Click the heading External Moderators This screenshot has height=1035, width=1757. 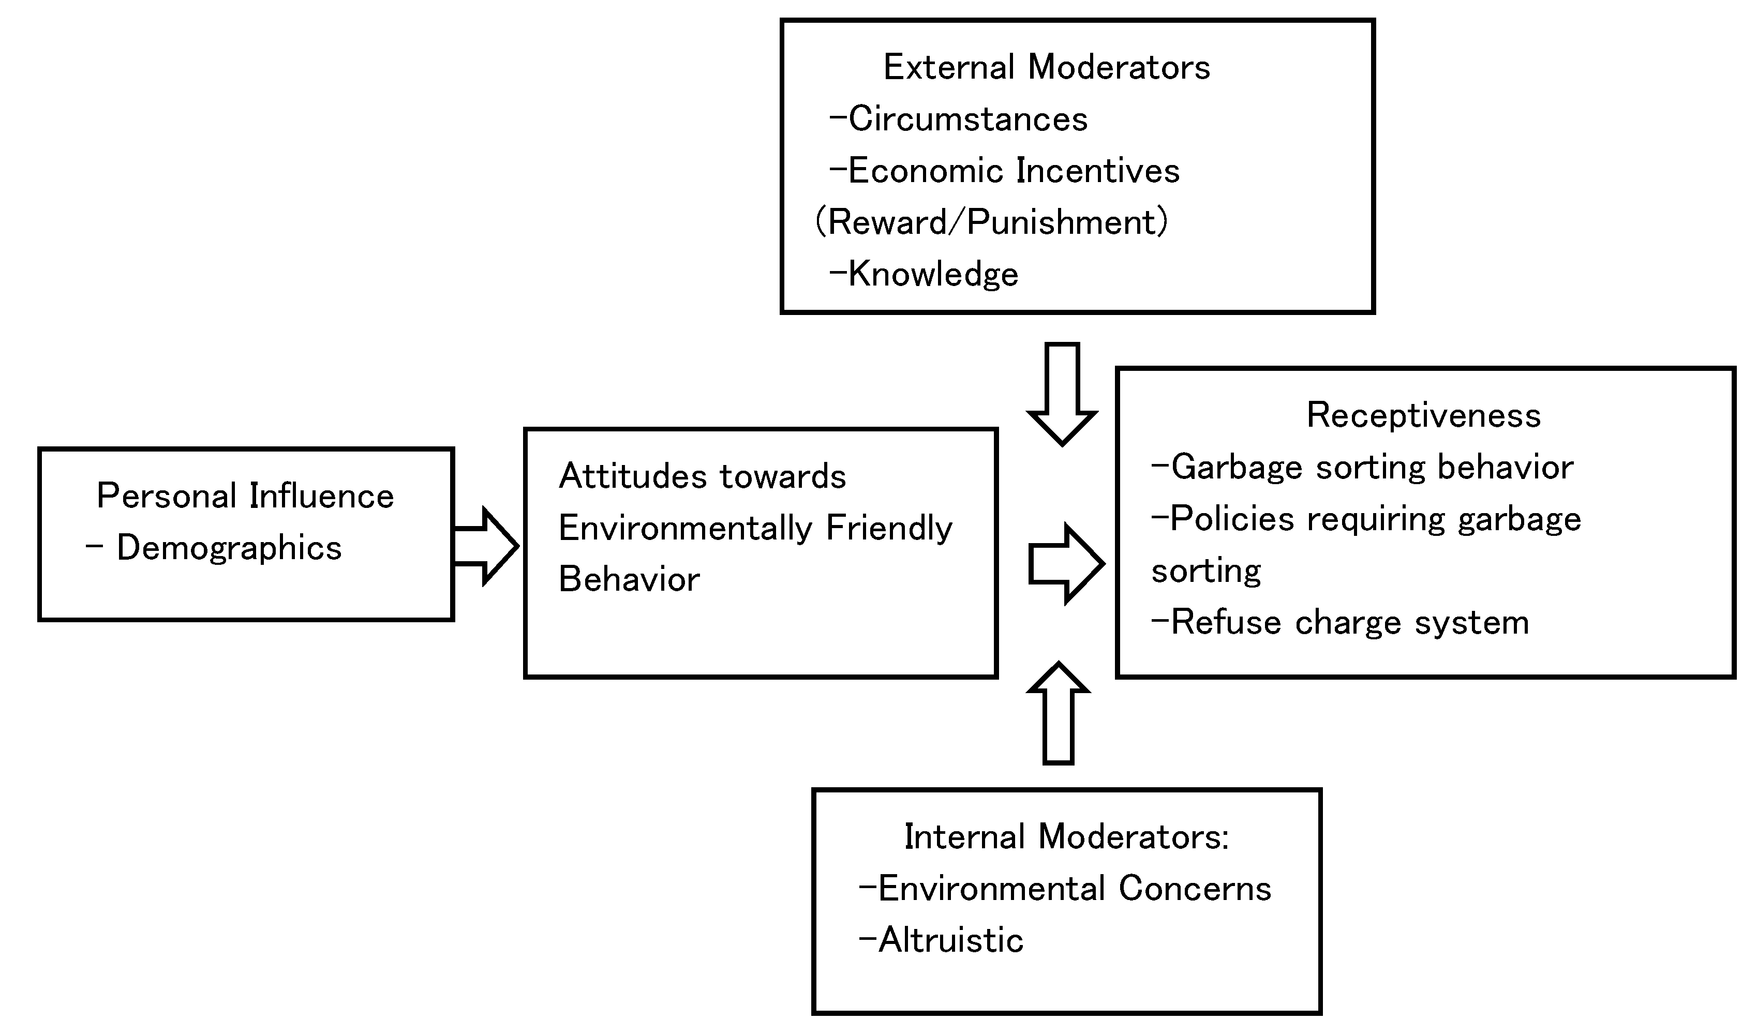click(1046, 68)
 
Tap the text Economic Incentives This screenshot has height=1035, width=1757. click(1014, 171)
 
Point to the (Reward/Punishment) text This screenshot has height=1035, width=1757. click(991, 222)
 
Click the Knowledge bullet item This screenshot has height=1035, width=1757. click(932, 274)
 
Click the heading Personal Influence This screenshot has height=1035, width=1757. click(245, 496)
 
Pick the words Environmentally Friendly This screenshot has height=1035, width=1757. click(755, 528)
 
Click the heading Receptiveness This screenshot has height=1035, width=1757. click(1423, 416)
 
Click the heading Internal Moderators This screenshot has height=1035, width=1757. click(1066, 837)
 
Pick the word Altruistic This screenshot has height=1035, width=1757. click(950, 940)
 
